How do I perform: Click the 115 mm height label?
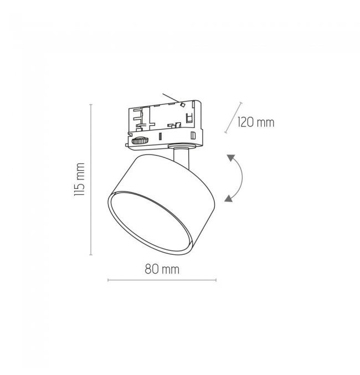point(79,179)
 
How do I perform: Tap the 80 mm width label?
point(162,269)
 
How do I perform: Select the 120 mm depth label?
point(256,122)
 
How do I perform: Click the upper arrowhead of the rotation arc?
point(230,158)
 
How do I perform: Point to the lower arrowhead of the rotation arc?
point(228,198)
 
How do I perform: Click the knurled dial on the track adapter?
point(140,141)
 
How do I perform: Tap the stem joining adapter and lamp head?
point(182,158)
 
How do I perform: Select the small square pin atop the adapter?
point(183,105)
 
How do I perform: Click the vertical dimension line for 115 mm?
point(91,179)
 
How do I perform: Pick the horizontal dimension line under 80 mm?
point(162,280)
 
